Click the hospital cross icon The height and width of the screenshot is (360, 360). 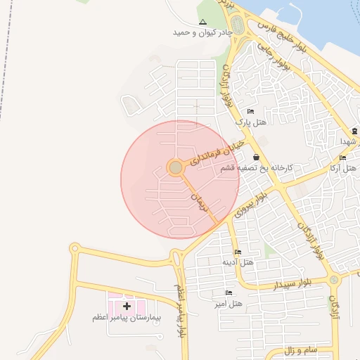pos(127,306)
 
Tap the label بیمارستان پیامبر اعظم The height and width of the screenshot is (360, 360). pos(127,318)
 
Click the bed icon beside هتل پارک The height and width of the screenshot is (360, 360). pos(250,112)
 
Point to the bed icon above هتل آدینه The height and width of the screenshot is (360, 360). pos(238,252)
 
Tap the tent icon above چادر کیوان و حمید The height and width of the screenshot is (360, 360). pos(203,22)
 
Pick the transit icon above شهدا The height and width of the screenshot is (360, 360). pos(354,131)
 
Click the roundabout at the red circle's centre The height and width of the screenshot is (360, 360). pos(176,167)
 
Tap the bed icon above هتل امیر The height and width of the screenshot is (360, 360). pos(229,292)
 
